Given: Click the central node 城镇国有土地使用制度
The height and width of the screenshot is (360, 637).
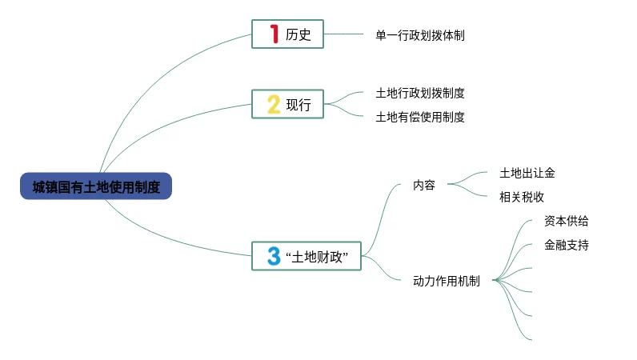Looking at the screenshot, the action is pyautogui.click(x=96, y=186).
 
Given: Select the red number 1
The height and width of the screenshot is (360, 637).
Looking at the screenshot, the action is pyautogui.click(x=274, y=34).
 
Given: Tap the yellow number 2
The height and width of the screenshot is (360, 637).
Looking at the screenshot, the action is pyautogui.click(x=274, y=105).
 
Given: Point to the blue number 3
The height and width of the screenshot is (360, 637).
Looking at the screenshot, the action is pyautogui.click(x=274, y=256).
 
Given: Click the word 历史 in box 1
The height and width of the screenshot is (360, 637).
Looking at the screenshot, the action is pyautogui.click(x=298, y=35).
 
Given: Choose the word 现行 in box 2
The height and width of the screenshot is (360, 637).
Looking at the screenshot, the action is pyautogui.click(x=298, y=105).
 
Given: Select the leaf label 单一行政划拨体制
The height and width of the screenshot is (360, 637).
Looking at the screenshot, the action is pyautogui.click(x=419, y=35).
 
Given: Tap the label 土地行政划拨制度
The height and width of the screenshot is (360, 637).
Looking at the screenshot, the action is pyautogui.click(x=419, y=93).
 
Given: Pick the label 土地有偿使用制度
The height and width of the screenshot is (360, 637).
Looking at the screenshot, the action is pyautogui.click(x=419, y=117).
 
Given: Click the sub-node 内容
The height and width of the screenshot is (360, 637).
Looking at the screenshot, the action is pyautogui.click(x=424, y=185).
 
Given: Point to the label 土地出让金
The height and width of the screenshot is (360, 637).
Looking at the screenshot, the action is pyautogui.click(x=527, y=173).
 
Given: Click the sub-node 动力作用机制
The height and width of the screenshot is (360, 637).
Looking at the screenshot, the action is pyautogui.click(x=446, y=281).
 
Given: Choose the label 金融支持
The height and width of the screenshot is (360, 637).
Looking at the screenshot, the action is pyautogui.click(x=566, y=246).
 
